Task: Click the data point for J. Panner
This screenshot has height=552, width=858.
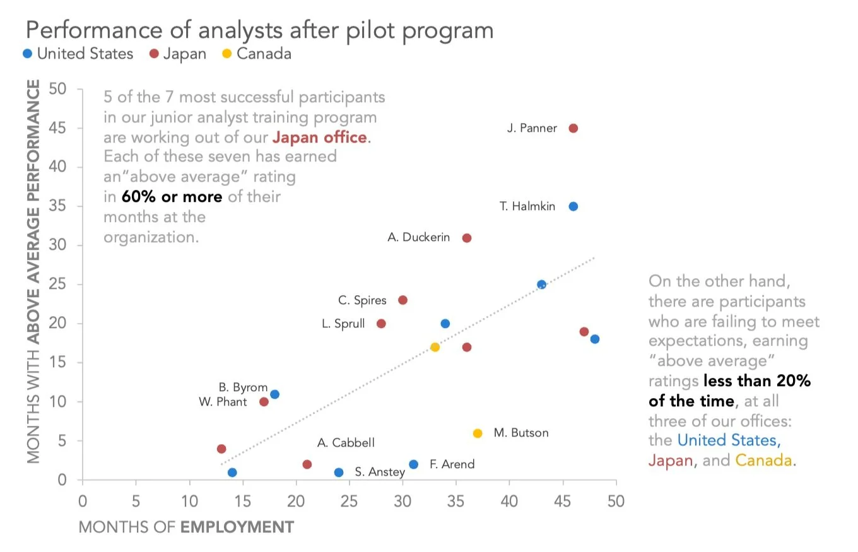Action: coord(573,128)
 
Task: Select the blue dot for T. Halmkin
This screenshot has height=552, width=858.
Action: coord(573,206)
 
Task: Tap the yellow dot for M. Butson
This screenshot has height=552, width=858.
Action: coord(478,433)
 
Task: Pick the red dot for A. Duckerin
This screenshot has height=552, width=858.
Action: coord(467,238)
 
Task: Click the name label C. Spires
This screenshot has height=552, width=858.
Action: coord(362,300)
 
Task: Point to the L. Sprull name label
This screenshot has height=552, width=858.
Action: coord(343,324)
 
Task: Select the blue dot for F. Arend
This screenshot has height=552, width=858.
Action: coord(413,464)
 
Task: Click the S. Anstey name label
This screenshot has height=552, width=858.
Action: coord(379,472)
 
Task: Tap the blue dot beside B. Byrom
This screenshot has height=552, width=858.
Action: coord(274,394)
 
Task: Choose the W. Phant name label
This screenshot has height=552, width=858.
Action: coord(223,402)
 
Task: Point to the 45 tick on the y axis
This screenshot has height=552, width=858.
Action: coord(58,128)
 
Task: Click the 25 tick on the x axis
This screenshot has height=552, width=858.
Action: coord(349,502)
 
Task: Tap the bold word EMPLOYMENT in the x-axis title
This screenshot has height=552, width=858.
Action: coord(237,527)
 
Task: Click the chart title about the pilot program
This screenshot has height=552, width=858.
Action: coord(259,30)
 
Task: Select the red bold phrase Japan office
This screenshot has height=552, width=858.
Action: coord(319,138)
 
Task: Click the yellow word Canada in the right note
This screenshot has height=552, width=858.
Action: coord(763,460)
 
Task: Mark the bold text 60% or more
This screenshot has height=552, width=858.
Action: coord(172,197)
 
